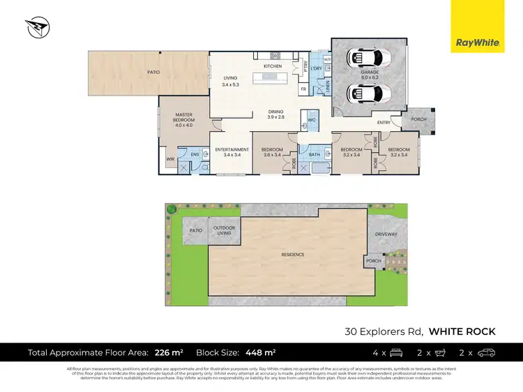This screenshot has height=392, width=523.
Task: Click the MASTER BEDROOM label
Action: point(183,120)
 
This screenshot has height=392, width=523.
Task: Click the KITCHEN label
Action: point(272,66)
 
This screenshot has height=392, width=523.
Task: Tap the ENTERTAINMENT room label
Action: point(232,151)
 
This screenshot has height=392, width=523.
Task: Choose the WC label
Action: point(311,120)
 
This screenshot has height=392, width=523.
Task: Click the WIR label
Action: point(169,159)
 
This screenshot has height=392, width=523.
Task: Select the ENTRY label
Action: point(384,123)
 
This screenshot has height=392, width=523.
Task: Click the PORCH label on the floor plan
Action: point(419,119)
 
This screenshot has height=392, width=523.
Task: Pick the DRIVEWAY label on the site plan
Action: point(386,234)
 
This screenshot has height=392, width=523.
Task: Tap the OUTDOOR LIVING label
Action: point(225,229)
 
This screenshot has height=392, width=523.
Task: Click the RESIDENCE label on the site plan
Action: point(293,255)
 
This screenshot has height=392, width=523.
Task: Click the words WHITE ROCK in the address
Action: point(462,331)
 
